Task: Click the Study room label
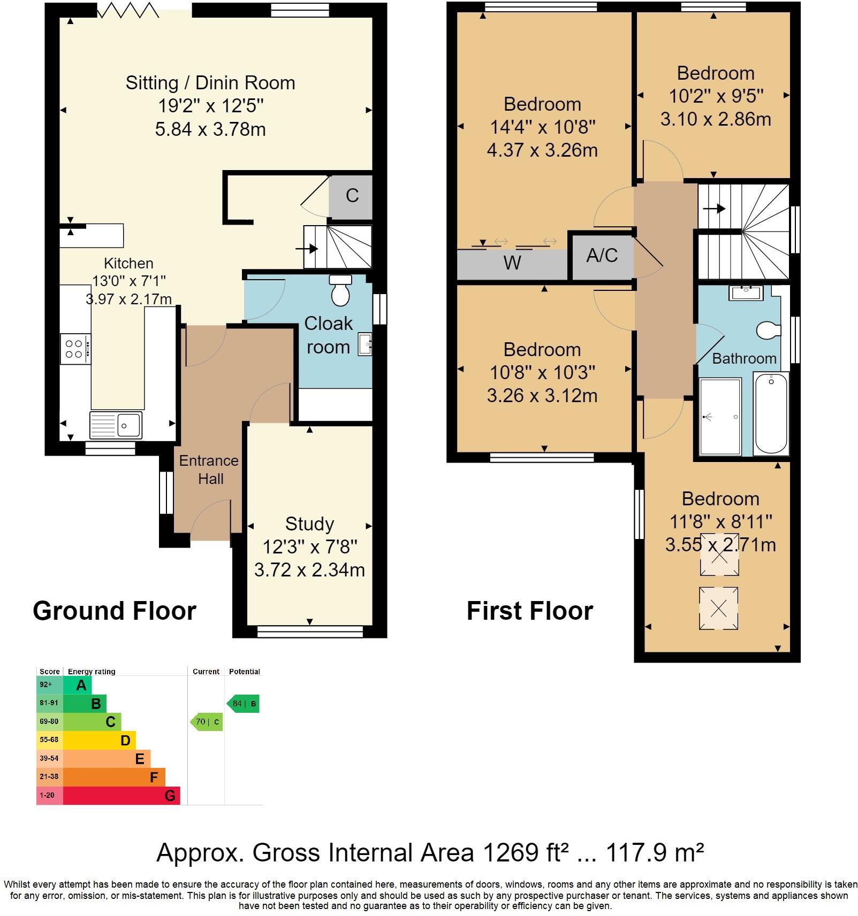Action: click(x=309, y=524)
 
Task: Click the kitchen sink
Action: click(x=116, y=425)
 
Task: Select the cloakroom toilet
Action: click(x=340, y=291)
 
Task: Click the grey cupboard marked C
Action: click(x=351, y=196)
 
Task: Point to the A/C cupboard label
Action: click(x=602, y=256)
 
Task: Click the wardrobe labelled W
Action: click(x=512, y=263)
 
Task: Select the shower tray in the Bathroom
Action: click(x=720, y=417)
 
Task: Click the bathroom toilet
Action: click(x=768, y=330)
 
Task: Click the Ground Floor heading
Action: click(x=115, y=611)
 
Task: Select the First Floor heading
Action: click(x=529, y=611)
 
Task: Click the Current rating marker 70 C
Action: click(x=207, y=722)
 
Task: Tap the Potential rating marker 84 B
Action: click(x=244, y=704)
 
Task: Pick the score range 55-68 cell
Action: click(x=49, y=740)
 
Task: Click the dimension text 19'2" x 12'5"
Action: click(x=210, y=106)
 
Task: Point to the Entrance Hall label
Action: click(x=209, y=469)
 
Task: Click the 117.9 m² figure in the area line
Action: click(x=654, y=852)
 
